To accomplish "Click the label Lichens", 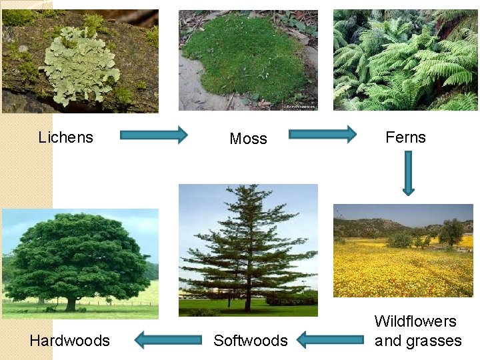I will pyautogui.click(x=65, y=137).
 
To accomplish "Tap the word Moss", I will pyautogui.click(x=248, y=139).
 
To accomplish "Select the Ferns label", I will pyautogui.click(x=405, y=137).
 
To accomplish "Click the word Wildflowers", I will pyautogui.click(x=415, y=321).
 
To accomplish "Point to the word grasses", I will pyautogui.click(x=437, y=341).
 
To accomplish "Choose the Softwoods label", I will pyautogui.click(x=250, y=341).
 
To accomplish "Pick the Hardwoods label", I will pyautogui.click(x=69, y=341).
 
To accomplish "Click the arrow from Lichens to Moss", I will pyautogui.click(x=154, y=135).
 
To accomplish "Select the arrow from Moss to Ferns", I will pyautogui.click(x=323, y=135).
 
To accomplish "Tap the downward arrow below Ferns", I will pyautogui.click(x=408, y=172).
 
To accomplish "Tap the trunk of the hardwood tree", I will pyautogui.click(x=71, y=303).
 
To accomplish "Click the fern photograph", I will pyautogui.click(x=405, y=60).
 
